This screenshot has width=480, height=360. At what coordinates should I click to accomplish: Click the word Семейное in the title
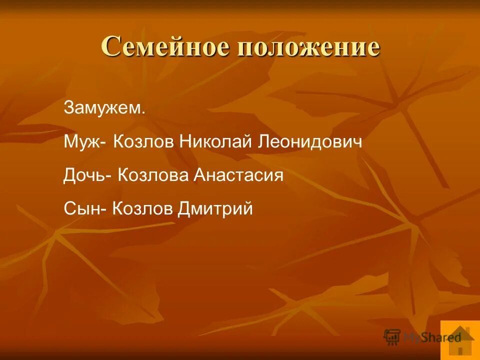coord(165,48)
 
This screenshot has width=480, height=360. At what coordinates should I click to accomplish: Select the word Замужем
coord(103,108)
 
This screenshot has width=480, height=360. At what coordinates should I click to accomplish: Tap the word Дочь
coord(83,175)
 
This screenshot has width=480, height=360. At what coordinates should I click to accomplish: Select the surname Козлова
coord(153,175)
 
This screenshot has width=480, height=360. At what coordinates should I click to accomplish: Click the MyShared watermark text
coord(432,337)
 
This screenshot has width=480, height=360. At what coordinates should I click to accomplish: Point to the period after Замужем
coord(143,112)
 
